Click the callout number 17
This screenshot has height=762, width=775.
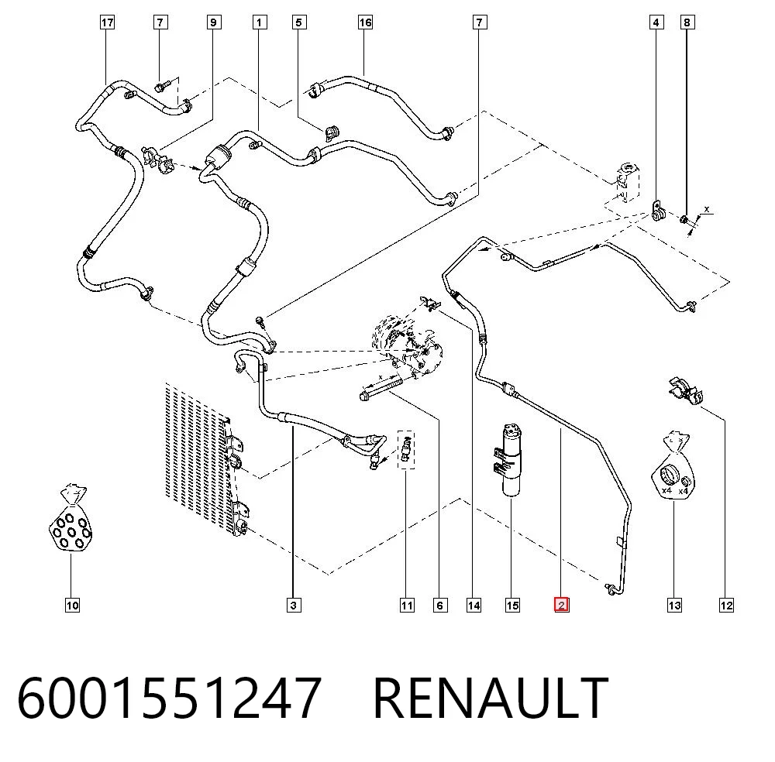click(107, 22)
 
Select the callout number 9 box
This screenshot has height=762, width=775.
click(214, 22)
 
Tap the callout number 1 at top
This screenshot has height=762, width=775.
click(260, 22)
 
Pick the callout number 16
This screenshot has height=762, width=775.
click(365, 22)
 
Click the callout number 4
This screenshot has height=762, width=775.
click(656, 22)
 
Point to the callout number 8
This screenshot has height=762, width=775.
click(687, 22)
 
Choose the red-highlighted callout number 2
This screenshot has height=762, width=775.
click(561, 605)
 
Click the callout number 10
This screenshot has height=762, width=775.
click(72, 605)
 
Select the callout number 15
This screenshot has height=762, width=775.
click(512, 605)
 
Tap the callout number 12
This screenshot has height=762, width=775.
click(726, 605)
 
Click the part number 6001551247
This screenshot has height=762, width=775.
click(170, 697)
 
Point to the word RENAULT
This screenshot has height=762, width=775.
click(491, 697)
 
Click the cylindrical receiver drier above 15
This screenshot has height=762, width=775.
click(509, 460)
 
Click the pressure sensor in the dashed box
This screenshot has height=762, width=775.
click(406, 449)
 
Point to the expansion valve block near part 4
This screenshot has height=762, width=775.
click(628, 184)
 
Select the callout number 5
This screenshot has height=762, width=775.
click(298, 22)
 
